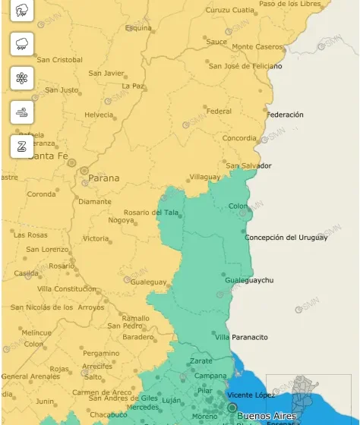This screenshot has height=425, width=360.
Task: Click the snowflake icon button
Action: (22, 78)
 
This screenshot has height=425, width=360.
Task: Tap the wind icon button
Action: (22, 112)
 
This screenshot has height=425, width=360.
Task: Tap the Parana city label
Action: (104, 178)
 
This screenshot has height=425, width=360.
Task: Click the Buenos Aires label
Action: (267, 416)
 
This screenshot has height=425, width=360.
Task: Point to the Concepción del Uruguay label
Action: (286, 238)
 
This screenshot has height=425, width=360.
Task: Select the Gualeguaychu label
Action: (249, 280)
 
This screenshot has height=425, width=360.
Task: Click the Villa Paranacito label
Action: (242, 337)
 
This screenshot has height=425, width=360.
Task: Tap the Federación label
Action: (286, 115)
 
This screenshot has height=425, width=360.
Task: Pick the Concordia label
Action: (239, 138)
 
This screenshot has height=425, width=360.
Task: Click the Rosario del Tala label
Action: (152, 212)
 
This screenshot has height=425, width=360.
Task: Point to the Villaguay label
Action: (204, 176)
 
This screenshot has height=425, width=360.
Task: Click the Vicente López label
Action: (251, 395)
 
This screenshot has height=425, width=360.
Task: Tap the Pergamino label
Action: (101, 353)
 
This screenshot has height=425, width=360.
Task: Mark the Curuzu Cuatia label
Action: (230, 10)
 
